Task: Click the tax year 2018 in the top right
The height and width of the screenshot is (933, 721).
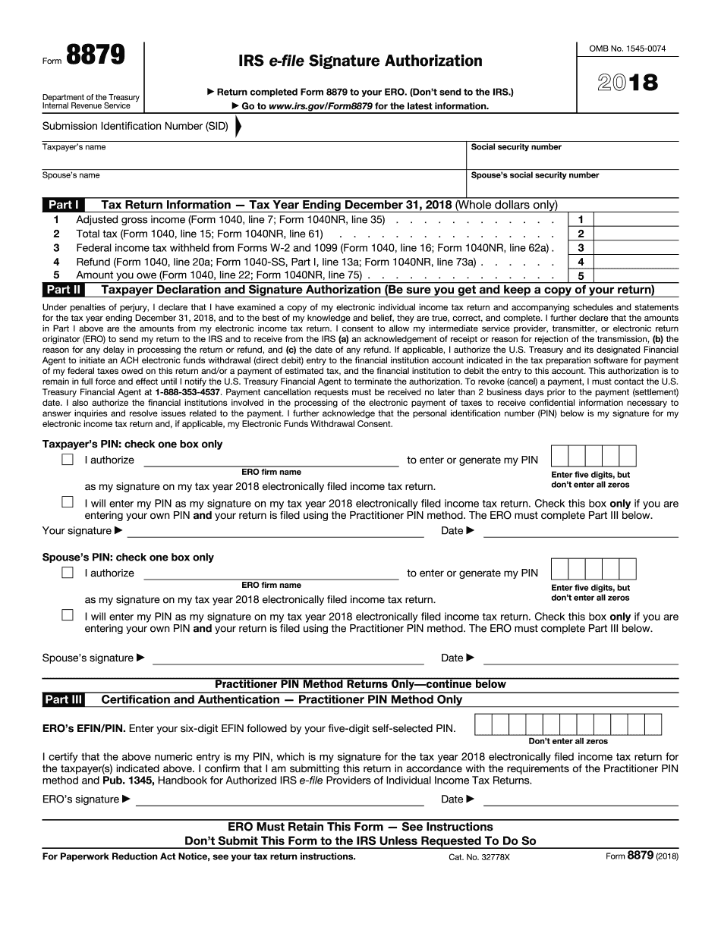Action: tap(628, 82)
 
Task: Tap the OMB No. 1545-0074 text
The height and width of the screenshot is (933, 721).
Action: tap(628, 49)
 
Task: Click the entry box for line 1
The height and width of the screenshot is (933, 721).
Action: tap(635, 220)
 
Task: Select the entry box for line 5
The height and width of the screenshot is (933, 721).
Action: tap(635, 276)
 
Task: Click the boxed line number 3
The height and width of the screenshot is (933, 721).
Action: tap(581, 248)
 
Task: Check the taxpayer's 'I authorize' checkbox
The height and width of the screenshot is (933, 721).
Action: tap(68, 460)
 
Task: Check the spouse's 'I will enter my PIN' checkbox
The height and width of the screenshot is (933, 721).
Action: tap(68, 615)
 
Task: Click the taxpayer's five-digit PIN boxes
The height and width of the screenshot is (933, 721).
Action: tap(593, 456)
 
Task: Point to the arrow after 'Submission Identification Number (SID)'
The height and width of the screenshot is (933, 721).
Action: tap(238, 127)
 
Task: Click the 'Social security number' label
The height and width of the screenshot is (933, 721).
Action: tap(516, 147)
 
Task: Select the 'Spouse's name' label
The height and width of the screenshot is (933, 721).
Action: tap(71, 175)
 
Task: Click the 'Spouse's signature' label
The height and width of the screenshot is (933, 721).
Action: tap(87, 658)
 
